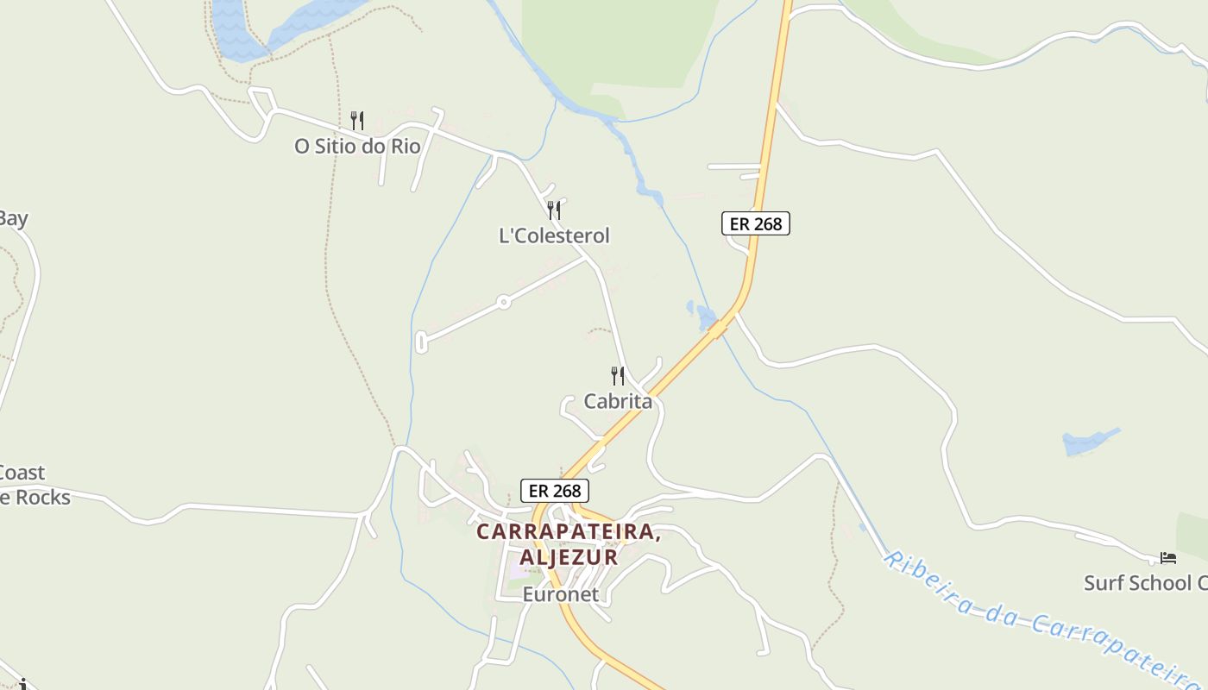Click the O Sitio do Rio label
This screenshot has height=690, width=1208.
[357, 146]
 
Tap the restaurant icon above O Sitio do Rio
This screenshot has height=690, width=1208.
[357, 121]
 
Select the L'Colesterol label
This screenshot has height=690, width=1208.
[554, 235]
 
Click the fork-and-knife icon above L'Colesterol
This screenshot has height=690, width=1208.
[554, 210]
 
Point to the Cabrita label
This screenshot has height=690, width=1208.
[618, 401]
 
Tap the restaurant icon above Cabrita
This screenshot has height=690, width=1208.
[618, 376]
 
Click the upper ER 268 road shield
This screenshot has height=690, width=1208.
[756, 223]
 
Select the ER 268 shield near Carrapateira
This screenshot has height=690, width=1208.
[555, 491]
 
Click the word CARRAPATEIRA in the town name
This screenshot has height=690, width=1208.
[567, 531]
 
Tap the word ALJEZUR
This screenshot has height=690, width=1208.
[569, 557]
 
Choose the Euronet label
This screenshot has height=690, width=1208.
[560, 594]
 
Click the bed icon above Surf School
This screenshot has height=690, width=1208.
[1168, 558]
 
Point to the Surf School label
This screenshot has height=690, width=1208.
[1145, 583]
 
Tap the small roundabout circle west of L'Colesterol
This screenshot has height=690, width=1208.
[503, 302]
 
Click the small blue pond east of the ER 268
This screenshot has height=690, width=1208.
[1089, 442]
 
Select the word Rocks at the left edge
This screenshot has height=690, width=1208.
[38, 497]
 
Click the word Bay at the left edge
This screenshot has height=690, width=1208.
[13, 218]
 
